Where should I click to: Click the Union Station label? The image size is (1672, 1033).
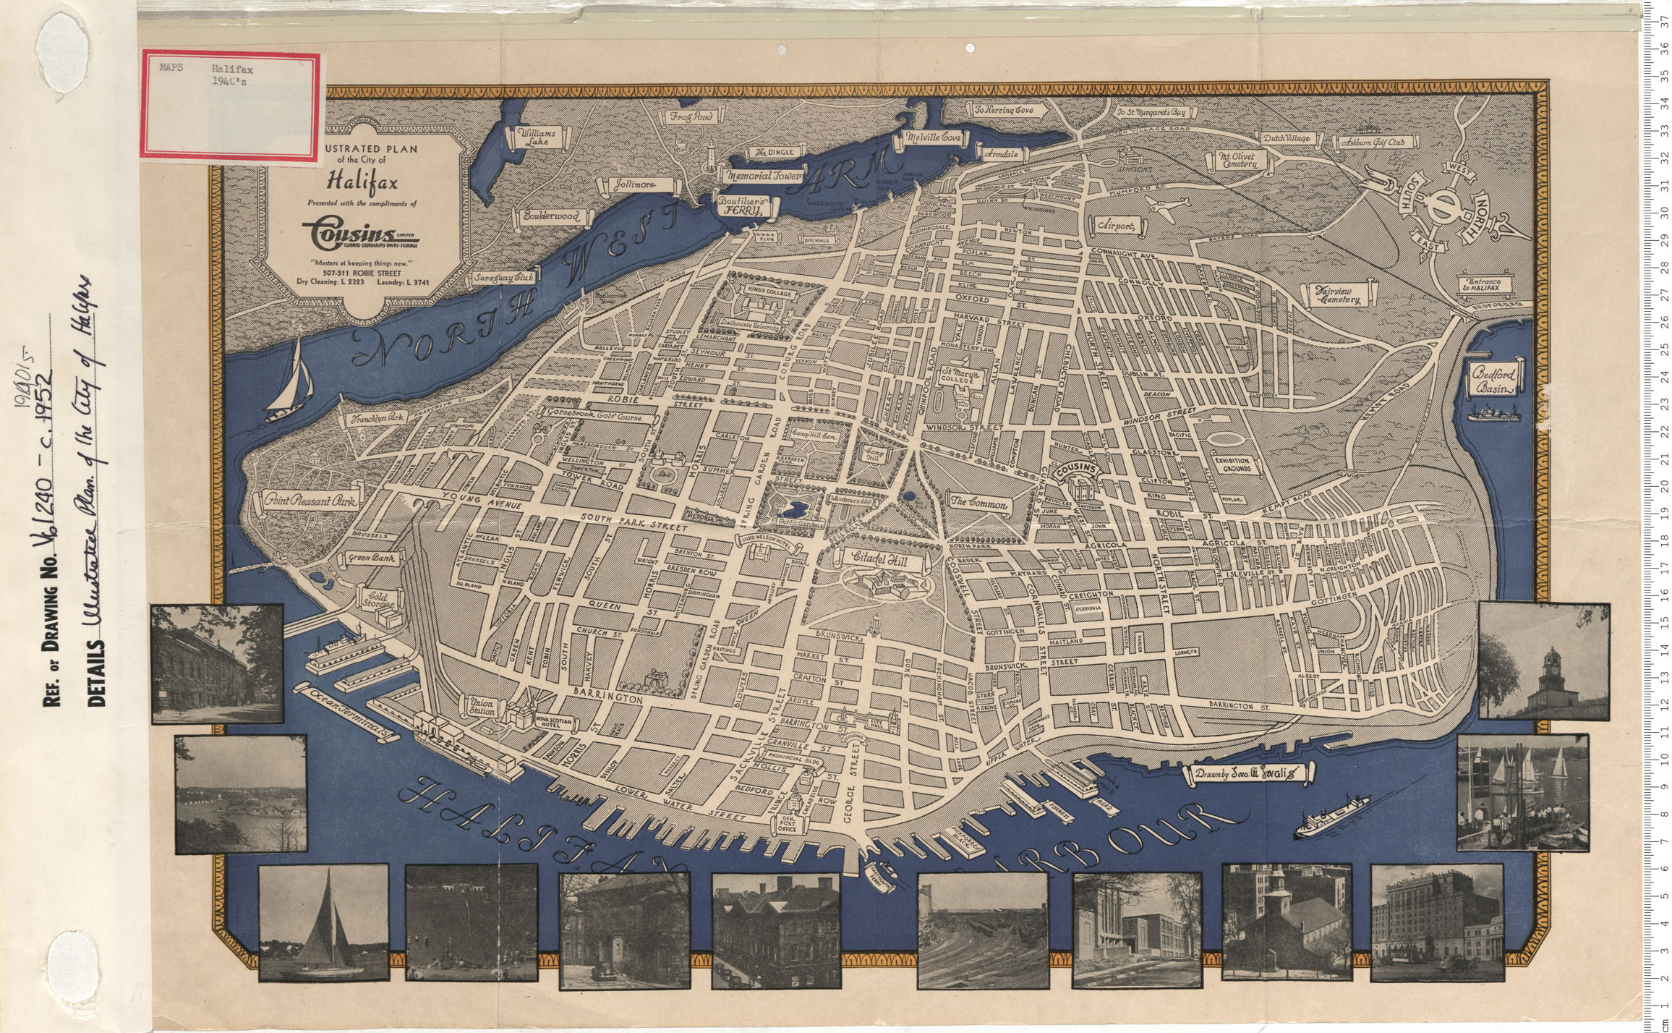(481, 707)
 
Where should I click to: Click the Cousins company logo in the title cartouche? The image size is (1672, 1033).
(359, 233)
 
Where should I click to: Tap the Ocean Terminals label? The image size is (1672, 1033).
(350, 713)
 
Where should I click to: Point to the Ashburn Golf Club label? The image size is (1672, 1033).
(1372, 143)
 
